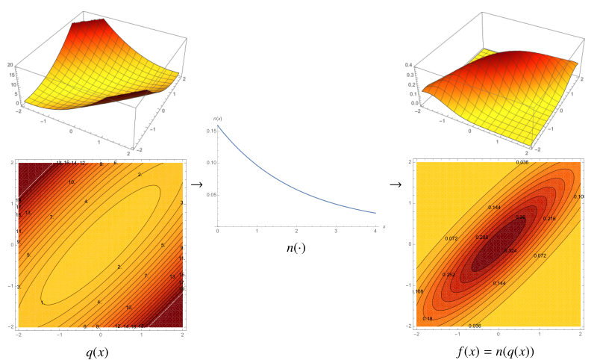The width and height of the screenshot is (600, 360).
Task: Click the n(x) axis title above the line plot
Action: [x=218, y=119]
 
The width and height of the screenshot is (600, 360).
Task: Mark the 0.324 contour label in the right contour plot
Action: [x=510, y=251]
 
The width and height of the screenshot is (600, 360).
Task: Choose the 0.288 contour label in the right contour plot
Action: [x=483, y=238]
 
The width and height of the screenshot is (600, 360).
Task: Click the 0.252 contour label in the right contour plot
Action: [x=449, y=274]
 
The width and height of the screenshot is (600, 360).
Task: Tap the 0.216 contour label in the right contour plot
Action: [x=549, y=218]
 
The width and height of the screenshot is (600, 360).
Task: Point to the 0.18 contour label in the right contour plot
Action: [x=428, y=319]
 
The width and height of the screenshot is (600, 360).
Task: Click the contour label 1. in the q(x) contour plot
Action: [x=42, y=302]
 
